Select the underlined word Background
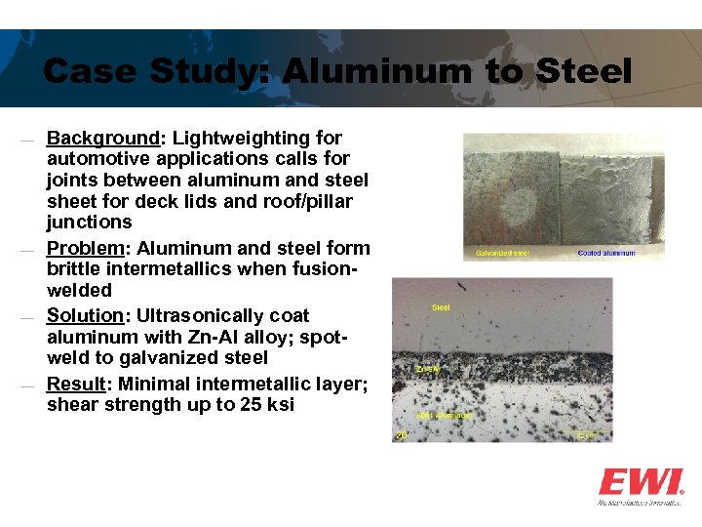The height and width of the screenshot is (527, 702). [102, 138]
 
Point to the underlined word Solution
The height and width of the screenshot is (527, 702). [89, 315]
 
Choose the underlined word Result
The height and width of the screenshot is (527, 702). [78, 383]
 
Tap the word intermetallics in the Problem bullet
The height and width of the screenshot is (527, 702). [168, 268]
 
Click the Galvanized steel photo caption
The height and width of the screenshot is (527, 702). [502, 253]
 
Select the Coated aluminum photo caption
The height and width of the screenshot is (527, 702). [605, 253]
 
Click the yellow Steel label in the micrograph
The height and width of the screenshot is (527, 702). [441, 307]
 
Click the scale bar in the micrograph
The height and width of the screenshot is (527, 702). [586, 434]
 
